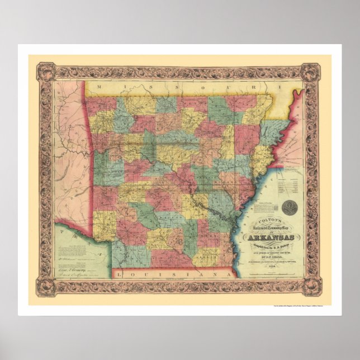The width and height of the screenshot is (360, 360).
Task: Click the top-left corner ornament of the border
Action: point(46,72)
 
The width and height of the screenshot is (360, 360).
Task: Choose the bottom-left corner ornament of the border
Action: point(46,288)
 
